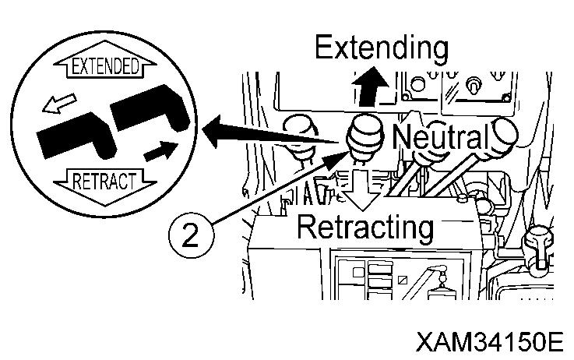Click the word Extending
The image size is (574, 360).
click(381, 49)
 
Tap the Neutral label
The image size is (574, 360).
click(440, 138)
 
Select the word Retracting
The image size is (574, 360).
click(364, 228)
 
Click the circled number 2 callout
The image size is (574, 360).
click(188, 235)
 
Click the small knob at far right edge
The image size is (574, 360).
click(540, 241)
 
